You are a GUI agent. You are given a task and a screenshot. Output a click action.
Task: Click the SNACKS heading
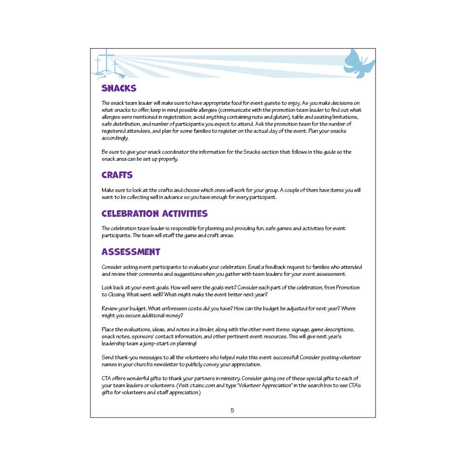[x=119, y=88]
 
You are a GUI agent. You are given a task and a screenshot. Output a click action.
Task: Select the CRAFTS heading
[x=117, y=175]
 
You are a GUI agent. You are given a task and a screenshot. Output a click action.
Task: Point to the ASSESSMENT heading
[x=131, y=252]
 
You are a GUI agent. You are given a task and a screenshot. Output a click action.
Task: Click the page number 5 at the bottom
[x=232, y=411]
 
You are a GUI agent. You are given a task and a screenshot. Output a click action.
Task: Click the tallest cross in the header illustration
[x=107, y=61]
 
